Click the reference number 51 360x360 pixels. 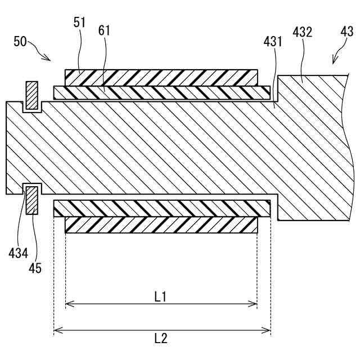click(x=79, y=22)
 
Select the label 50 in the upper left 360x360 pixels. click(x=20, y=42)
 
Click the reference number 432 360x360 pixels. click(x=302, y=33)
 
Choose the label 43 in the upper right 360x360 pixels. click(x=347, y=33)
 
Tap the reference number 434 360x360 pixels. click(x=18, y=253)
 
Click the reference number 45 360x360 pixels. click(x=35, y=268)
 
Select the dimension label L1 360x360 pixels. click(x=160, y=296)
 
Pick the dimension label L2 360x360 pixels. click(x=161, y=338)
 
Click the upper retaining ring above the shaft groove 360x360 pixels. click(x=32, y=94)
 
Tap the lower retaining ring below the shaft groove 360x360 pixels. click(x=31, y=201)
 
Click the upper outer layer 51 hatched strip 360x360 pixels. click(x=161, y=77)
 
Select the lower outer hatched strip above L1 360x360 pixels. click(x=161, y=225)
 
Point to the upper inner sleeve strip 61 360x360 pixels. click(x=161, y=92)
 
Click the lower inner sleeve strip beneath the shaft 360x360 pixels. click(x=161, y=209)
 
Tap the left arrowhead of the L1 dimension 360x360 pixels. click(x=68, y=304)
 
